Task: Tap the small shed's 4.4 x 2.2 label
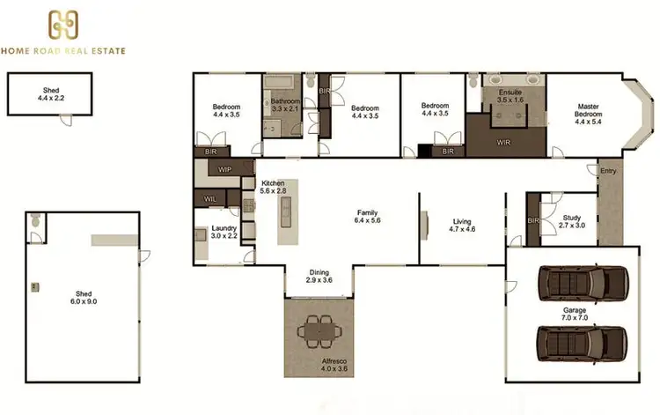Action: pyautogui.click(x=51, y=94)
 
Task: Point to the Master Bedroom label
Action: pyautogui.click(x=587, y=115)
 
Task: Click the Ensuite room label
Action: pyautogui.click(x=510, y=97)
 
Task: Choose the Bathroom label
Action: pyautogui.click(x=286, y=105)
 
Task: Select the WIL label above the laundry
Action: pyautogui.click(x=210, y=200)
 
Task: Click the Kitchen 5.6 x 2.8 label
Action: pyautogui.click(x=274, y=187)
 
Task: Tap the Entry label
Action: pyautogui.click(x=607, y=171)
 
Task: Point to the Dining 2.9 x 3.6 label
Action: pyautogui.click(x=319, y=277)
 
